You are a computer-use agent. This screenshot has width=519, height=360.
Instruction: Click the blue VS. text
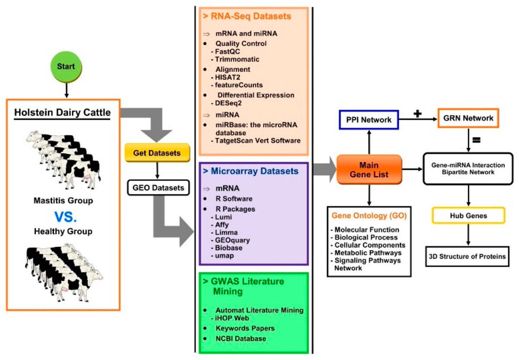pos(63,216)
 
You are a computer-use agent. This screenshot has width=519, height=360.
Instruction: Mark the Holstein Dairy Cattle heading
pos(63,114)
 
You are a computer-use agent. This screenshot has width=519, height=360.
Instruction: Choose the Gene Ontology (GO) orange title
pos(368,215)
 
